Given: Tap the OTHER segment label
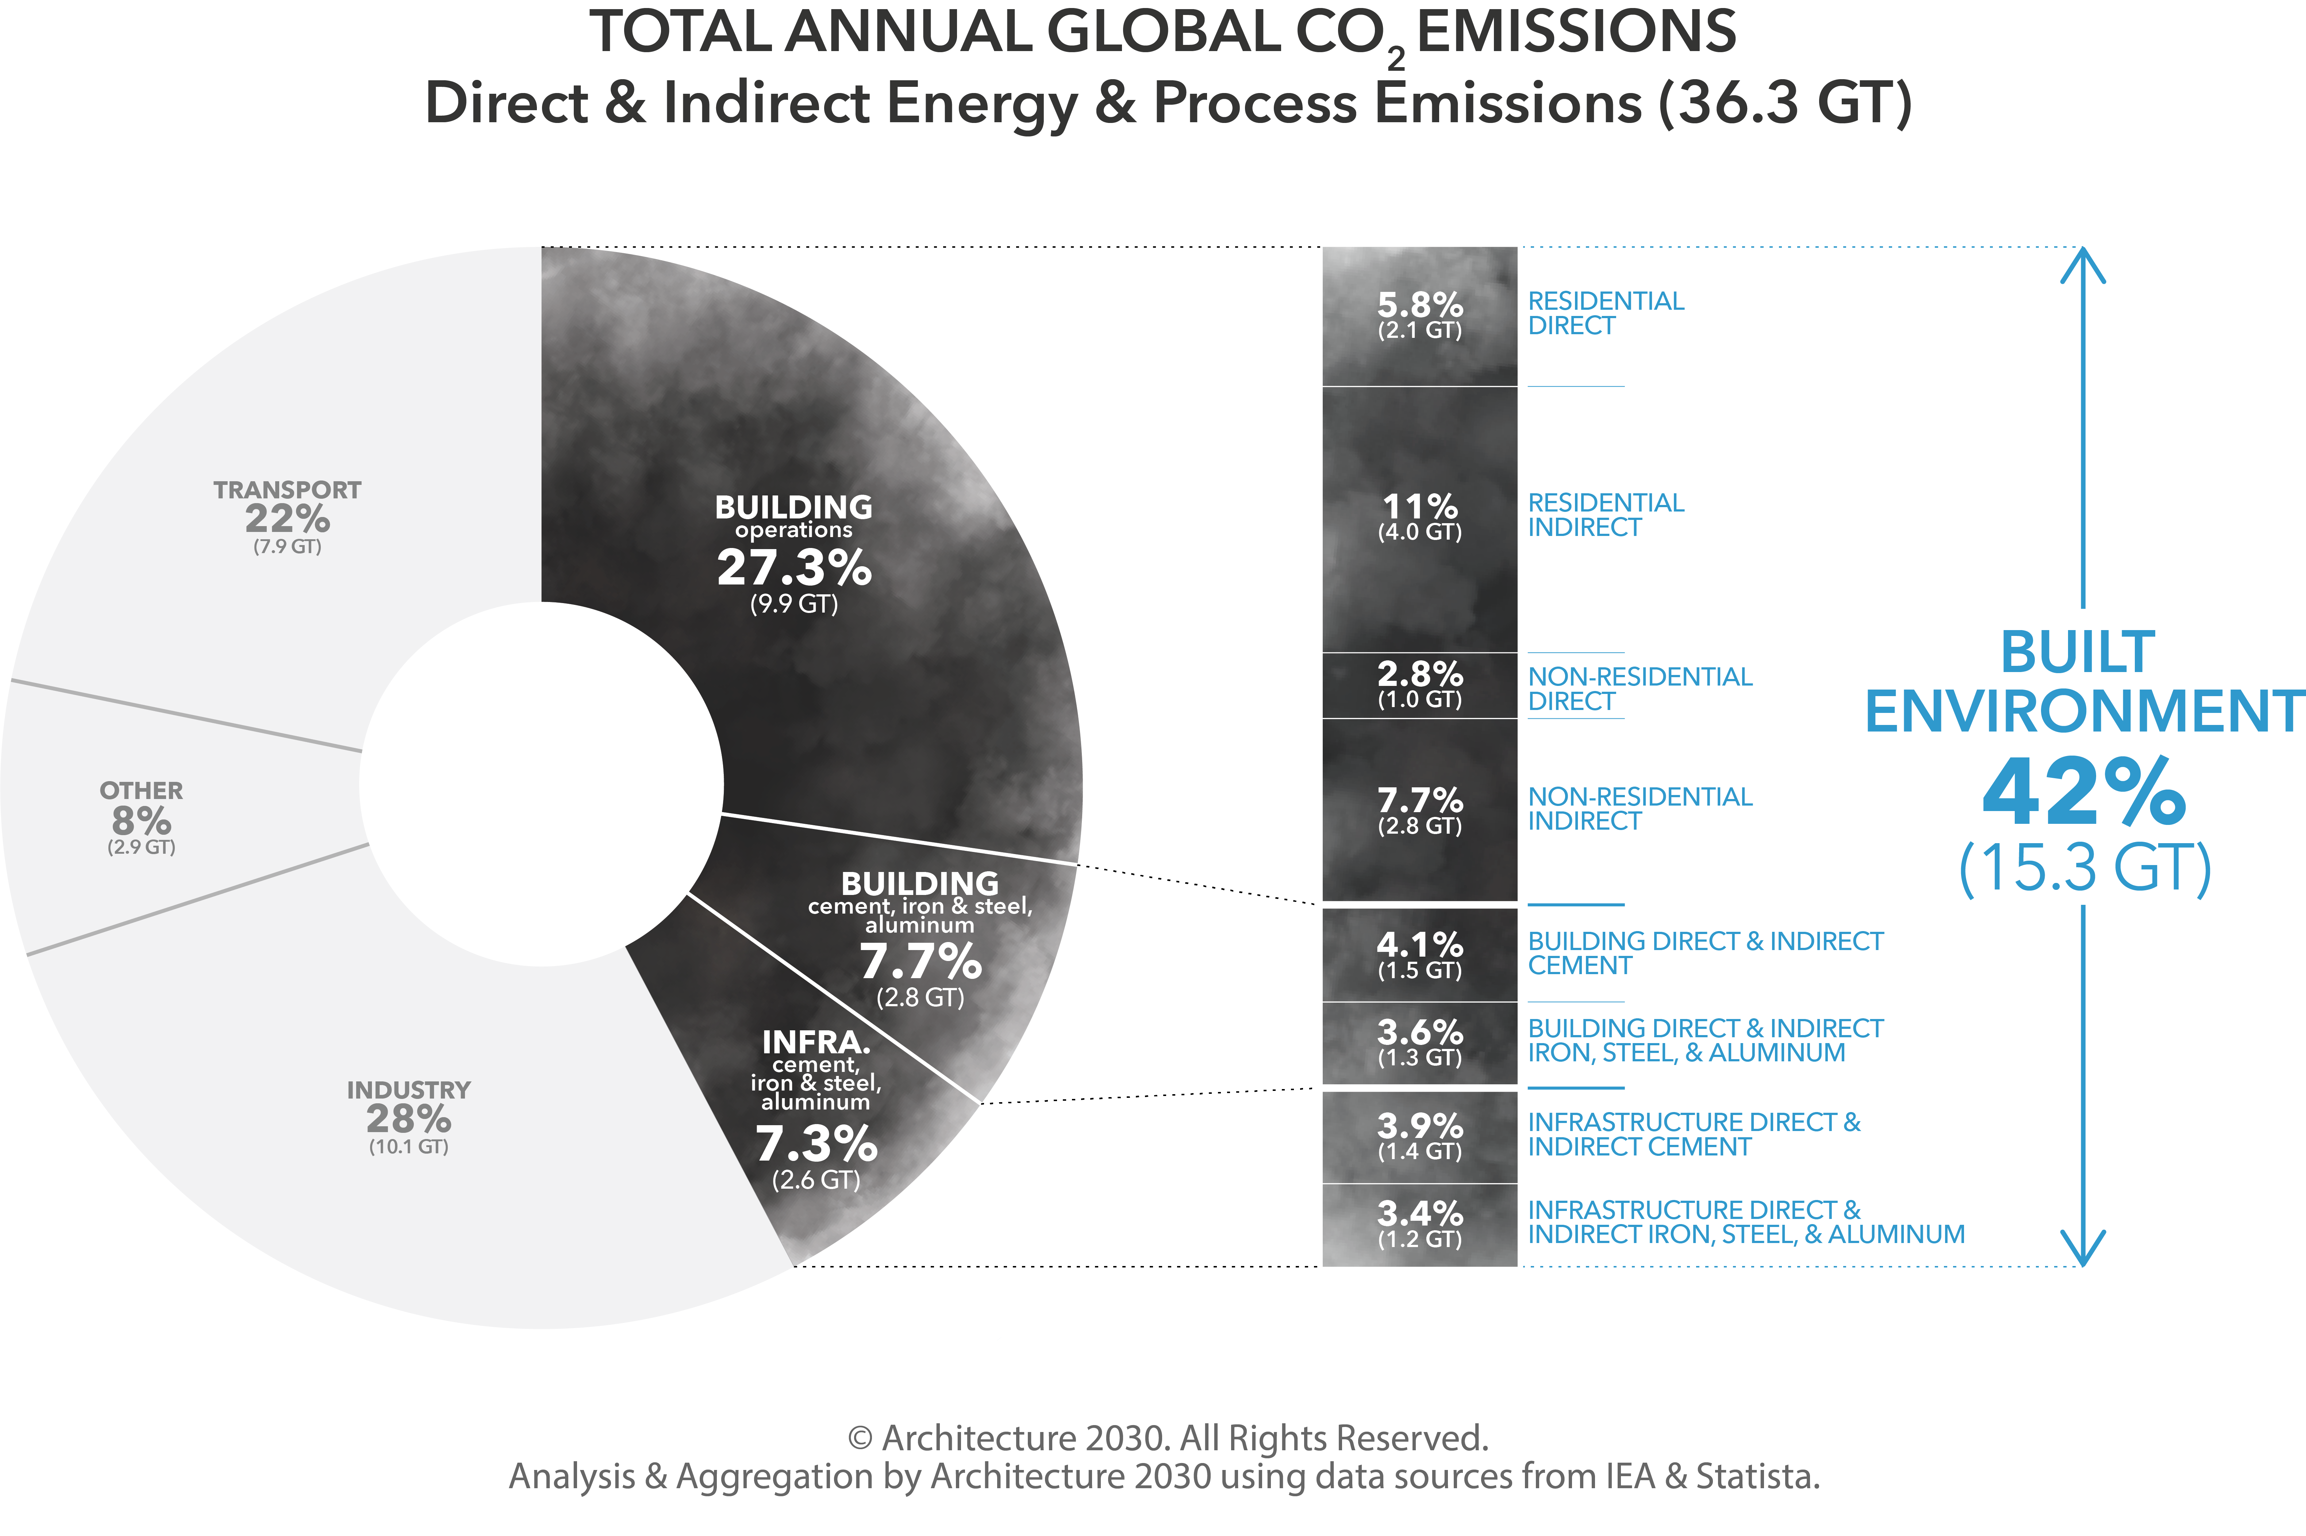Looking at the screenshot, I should [141, 791].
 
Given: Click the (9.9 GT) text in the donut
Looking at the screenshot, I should [794, 603].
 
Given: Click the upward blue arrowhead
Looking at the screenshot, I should [2083, 263].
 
